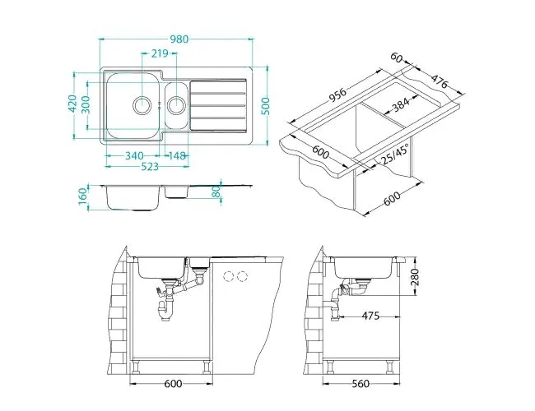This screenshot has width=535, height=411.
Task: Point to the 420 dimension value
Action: [72, 104]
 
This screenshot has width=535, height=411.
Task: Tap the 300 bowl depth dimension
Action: [85, 104]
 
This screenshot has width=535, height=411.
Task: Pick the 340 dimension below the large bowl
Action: [136, 156]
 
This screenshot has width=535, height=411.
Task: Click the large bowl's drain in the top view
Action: [142, 104]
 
